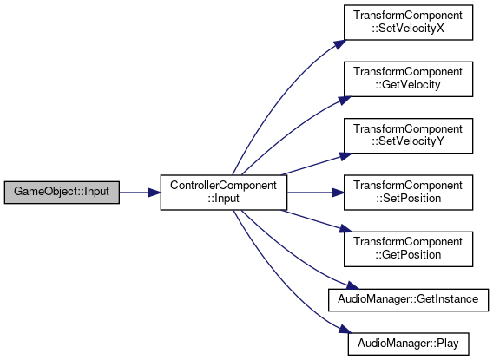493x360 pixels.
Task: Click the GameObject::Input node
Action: point(62,193)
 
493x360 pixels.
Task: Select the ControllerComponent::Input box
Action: point(224,193)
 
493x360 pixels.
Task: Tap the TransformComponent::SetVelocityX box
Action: point(408,23)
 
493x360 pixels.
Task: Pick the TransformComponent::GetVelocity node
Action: point(408,79)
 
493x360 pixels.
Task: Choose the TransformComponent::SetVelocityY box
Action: point(408,135)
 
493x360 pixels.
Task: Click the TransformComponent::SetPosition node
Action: point(408,193)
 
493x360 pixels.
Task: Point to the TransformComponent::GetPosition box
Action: point(408,249)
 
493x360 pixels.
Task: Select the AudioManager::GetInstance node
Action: point(408,299)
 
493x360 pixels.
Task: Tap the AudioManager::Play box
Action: point(408,344)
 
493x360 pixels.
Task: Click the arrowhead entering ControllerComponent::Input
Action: point(154,193)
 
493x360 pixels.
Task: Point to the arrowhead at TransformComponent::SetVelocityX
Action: point(339,44)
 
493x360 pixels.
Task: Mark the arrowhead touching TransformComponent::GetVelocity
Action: point(345,101)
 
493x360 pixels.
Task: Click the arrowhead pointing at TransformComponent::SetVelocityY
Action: point(345,156)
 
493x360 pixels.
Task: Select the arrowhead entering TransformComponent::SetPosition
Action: point(339,193)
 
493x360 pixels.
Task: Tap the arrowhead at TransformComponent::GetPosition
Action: point(345,228)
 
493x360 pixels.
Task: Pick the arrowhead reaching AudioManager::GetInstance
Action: point(352,285)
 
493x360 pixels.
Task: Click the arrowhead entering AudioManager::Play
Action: point(345,330)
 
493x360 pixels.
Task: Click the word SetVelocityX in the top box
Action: point(411,29)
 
